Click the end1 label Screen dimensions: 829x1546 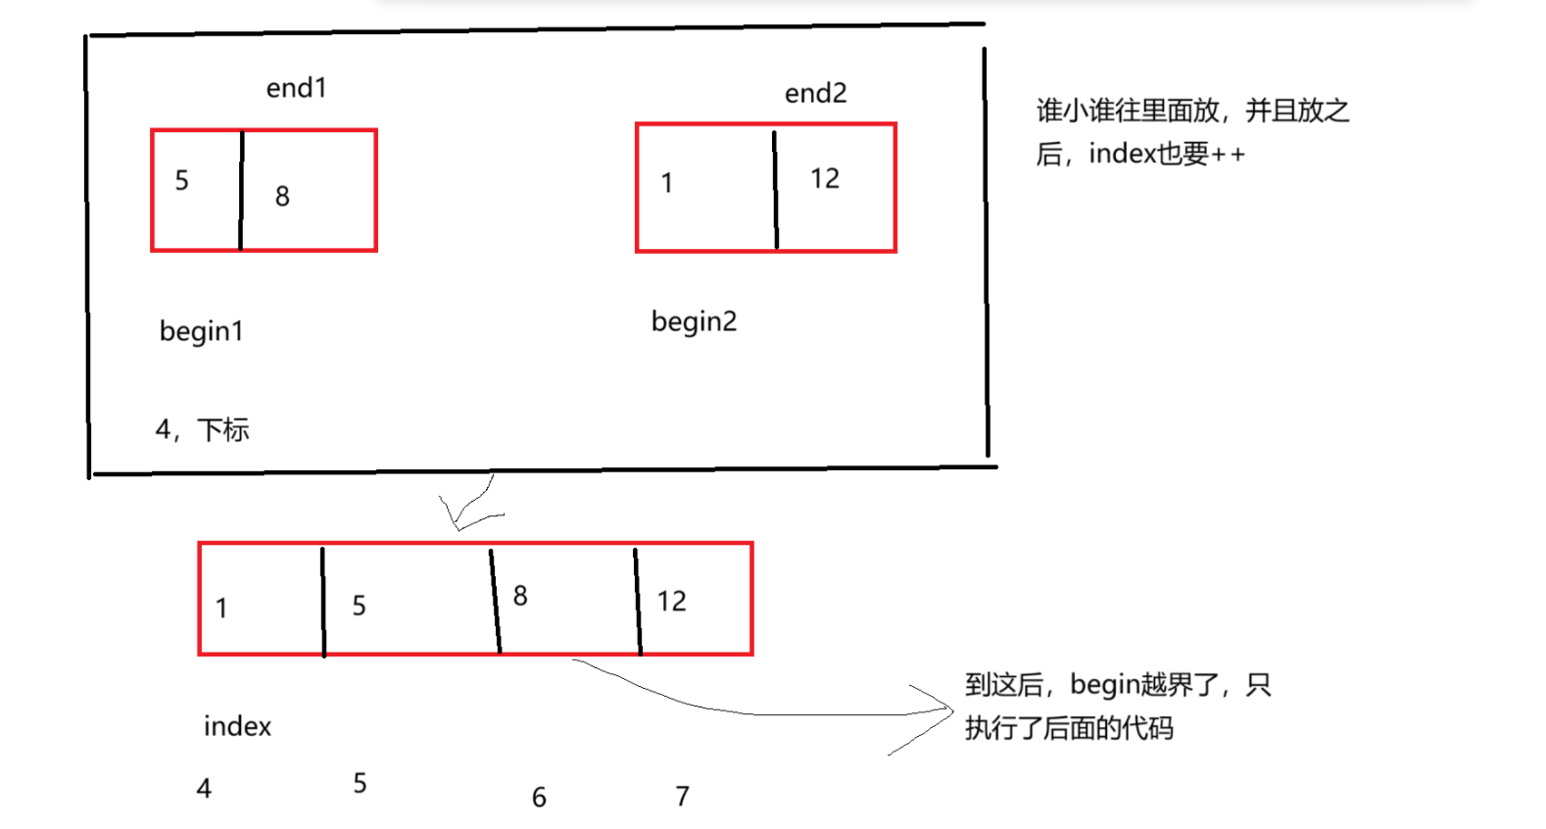(296, 88)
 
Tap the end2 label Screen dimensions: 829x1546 (815, 93)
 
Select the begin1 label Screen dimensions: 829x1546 (201, 331)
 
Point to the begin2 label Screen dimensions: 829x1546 (694, 321)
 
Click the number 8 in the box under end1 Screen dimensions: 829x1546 (282, 197)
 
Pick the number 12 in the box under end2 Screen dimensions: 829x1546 (824, 178)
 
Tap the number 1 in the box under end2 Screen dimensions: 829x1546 (667, 183)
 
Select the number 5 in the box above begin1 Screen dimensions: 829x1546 (181, 180)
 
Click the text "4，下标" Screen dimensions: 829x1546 (202, 429)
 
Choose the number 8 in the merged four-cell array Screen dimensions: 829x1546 (520, 596)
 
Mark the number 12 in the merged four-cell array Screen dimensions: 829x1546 (671, 602)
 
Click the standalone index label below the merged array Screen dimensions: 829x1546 (237, 726)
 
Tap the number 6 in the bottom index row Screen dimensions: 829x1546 (539, 798)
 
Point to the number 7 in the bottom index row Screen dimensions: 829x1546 (682, 796)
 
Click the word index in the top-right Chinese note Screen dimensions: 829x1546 (1123, 154)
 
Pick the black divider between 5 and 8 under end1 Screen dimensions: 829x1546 (241, 190)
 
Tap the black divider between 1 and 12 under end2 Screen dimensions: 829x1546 (775, 189)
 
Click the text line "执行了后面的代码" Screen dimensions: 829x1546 (1068, 728)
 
